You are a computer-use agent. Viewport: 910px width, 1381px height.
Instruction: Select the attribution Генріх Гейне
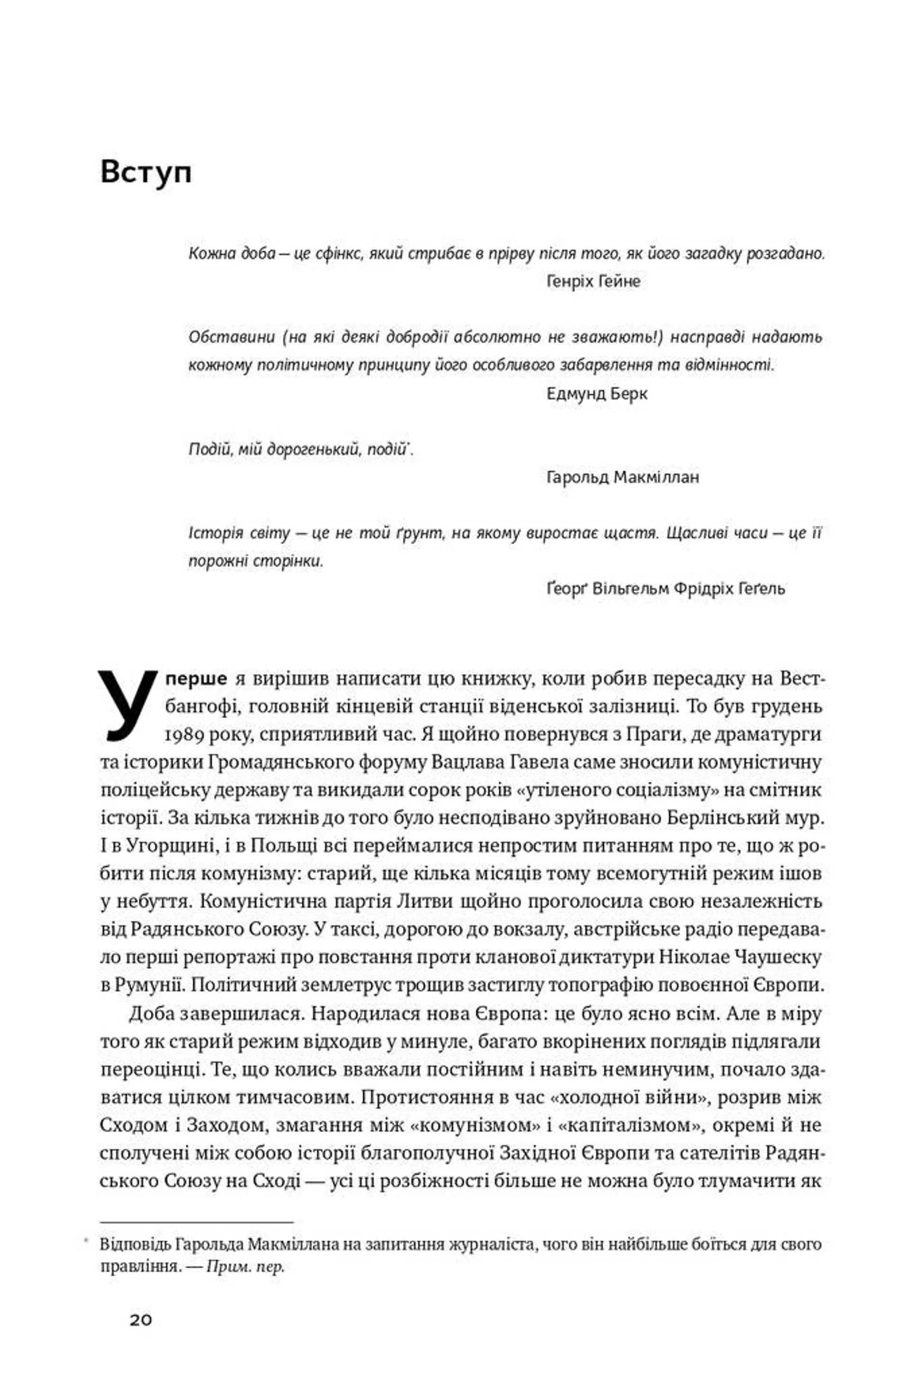593,282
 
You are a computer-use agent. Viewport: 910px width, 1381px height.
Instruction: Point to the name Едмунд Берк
597,394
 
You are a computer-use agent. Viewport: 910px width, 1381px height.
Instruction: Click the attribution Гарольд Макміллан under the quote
623,477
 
